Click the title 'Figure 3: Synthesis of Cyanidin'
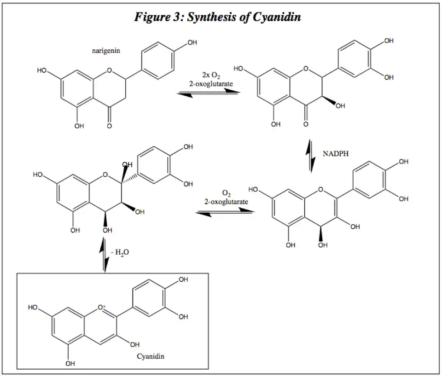tap(217, 17)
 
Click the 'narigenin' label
tap(106, 51)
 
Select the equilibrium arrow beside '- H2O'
tap(105, 255)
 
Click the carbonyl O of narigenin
tap(109, 125)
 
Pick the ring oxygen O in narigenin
tap(109, 71)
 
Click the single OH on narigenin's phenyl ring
tap(192, 43)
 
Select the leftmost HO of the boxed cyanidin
tap(33, 307)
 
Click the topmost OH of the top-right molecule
tap(389, 41)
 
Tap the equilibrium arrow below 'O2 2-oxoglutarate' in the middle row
tap(224, 212)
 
